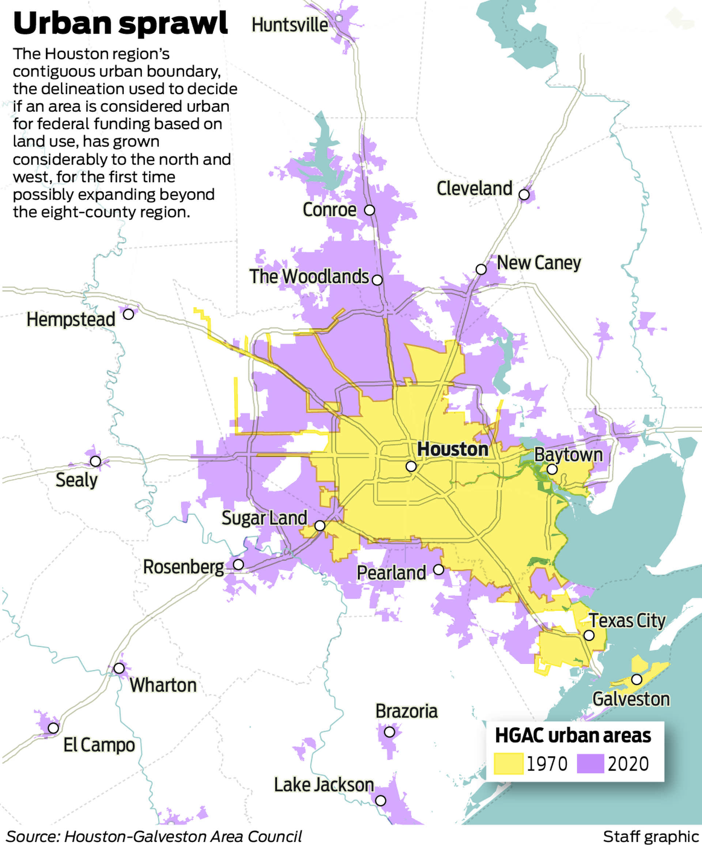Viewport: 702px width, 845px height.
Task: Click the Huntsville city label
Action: pos(290,25)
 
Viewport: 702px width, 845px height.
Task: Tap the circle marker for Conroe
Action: pos(369,210)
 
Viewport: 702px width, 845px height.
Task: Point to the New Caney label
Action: pos(539,263)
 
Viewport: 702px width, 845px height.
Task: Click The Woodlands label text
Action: pos(309,277)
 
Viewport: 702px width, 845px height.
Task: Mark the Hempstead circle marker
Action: pos(128,314)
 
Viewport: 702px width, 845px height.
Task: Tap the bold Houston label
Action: pos(453,449)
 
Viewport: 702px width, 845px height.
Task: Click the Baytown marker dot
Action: pos(552,469)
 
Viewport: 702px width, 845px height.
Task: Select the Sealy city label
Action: pos(76,480)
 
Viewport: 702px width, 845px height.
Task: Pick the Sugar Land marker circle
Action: pos(320,526)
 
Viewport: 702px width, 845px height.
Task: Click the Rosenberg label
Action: pos(184,567)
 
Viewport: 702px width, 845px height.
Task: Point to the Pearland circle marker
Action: pos(438,570)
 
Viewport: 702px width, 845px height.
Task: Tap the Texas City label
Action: pos(627,621)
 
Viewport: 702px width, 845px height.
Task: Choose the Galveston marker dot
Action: pos(637,680)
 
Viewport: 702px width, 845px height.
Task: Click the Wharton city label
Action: pos(163,685)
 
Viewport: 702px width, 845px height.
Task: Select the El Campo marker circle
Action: pos(53,728)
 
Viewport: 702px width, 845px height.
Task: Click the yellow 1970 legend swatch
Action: pos(509,764)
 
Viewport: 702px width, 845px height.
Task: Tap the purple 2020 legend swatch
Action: pos(590,764)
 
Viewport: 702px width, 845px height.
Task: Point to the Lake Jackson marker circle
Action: pos(381,801)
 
